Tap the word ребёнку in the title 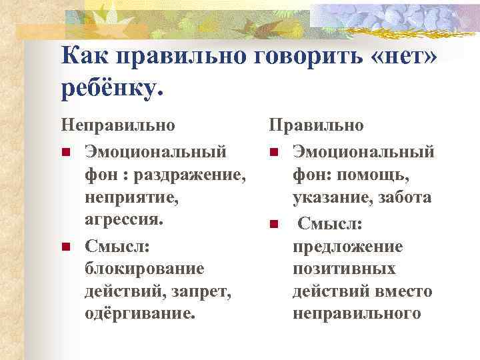(111, 88)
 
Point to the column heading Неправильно (118, 125)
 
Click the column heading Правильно (316, 125)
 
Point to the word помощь (377, 175)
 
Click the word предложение (347, 246)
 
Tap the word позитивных (344, 269)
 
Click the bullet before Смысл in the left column (65, 247)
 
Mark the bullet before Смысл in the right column (273, 223)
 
